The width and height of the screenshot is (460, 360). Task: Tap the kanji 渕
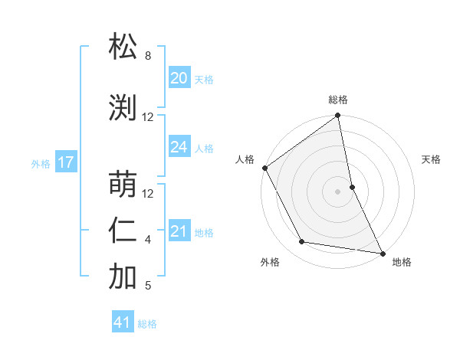[123, 107]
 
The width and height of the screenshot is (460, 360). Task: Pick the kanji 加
[123, 277]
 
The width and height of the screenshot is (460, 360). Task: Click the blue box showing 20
[179, 77]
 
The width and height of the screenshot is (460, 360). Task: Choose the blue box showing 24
[179, 147]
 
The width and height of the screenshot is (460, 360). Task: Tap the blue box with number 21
[179, 231]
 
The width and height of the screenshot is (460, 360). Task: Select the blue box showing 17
[65, 162]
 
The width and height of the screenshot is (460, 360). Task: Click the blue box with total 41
[123, 323]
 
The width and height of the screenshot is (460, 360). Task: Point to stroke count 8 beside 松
[148, 56]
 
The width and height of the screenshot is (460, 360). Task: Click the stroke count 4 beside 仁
[148, 240]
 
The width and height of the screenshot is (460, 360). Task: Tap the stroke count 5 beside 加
[148, 286]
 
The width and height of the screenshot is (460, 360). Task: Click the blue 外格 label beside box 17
[41, 163]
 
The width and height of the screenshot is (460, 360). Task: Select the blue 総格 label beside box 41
[147, 324]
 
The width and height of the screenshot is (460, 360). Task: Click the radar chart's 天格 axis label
[432, 159]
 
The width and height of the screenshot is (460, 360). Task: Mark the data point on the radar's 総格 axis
[337, 116]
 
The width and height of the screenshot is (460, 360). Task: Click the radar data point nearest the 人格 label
[264, 168]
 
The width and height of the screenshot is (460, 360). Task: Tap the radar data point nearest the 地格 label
[382, 253]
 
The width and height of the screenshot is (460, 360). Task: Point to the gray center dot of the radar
[337, 191]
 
